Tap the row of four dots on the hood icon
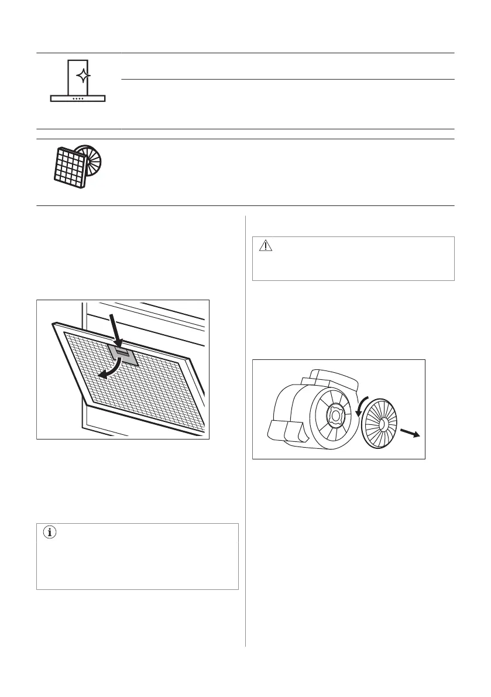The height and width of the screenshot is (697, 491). point(78,98)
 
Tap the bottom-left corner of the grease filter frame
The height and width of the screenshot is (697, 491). point(87,403)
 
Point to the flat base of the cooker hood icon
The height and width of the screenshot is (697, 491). point(78,98)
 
